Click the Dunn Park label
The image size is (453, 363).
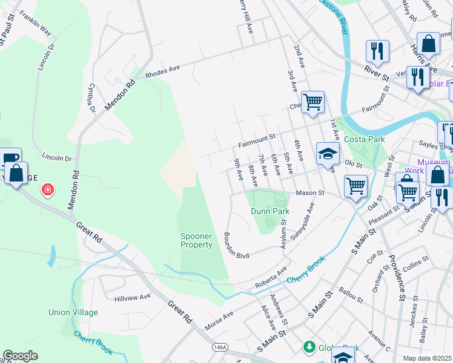(x=270, y=211)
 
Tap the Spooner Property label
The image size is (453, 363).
(x=196, y=240)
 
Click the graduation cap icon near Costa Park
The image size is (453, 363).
(x=327, y=155)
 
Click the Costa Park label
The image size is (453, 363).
(x=364, y=139)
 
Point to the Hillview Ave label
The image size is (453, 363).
(x=133, y=298)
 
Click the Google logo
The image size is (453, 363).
(x=21, y=356)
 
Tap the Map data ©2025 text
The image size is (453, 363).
(x=428, y=358)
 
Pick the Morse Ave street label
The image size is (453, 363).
(x=219, y=316)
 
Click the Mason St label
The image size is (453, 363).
(x=310, y=193)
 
